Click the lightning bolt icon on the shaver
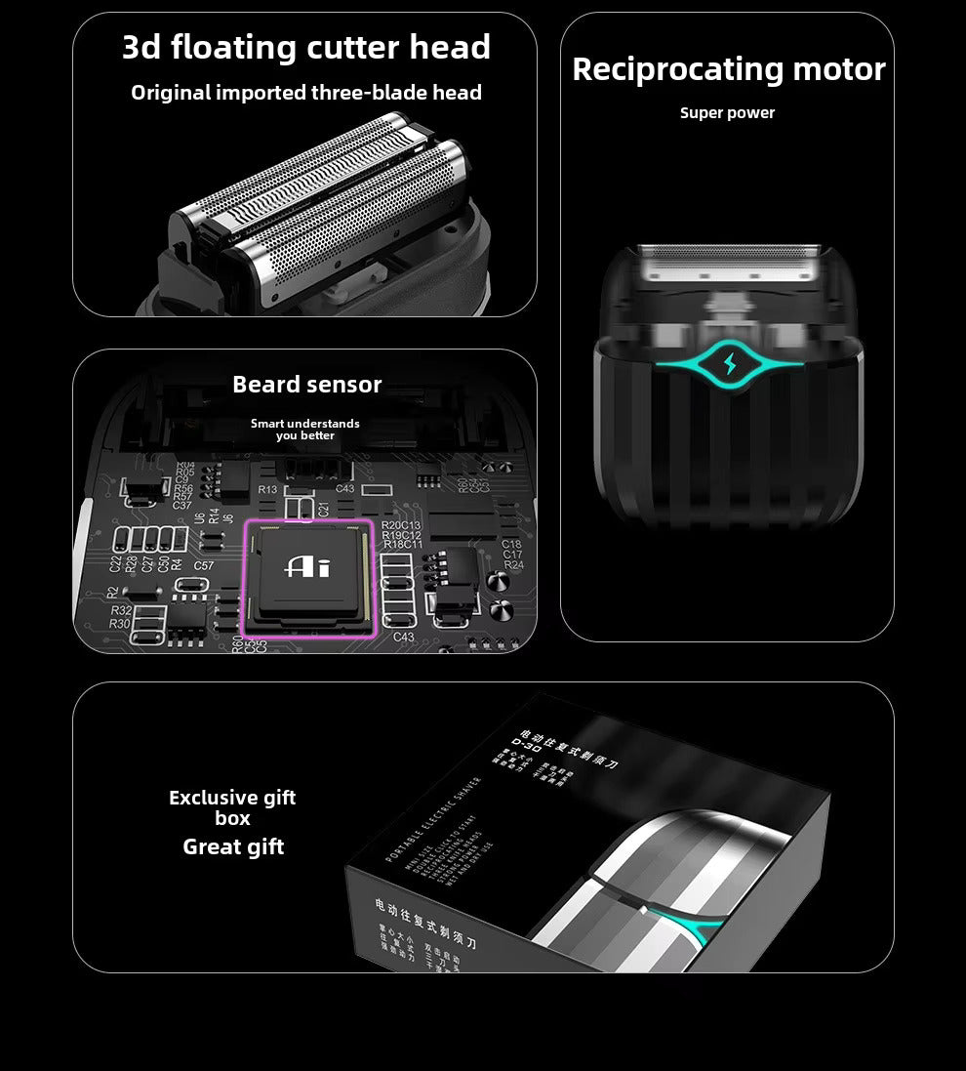pyautogui.click(x=730, y=365)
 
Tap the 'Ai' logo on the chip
pyautogui.click(x=307, y=566)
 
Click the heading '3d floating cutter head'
pyautogui.click(x=305, y=48)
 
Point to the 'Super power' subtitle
pyautogui.click(x=727, y=113)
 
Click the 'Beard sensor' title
pyautogui.click(x=306, y=385)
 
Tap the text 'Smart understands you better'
pyautogui.click(x=304, y=430)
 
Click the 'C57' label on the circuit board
pyautogui.click(x=203, y=565)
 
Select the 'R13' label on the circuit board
pyautogui.click(x=267, y=489)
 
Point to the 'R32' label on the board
pyautogui.click(x=121, y=610)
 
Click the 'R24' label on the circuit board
pyautogui.click(x=513, y=565)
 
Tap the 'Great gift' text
pyautogui.click(x=233, y=847)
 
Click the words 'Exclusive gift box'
pyautogui.click(x=232, y=807)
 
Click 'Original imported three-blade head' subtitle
pyautogui.click(x=305, y=93)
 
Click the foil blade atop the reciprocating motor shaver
pyautogui.click(x=727, y=260)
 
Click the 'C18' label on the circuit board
pyautogui.click(x=511, y=544)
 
